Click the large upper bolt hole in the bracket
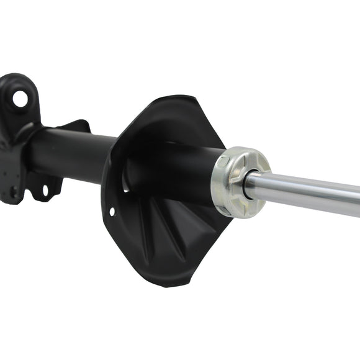coord(20,97)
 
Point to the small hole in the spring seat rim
coord(112,212)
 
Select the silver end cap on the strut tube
coord(239,182)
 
